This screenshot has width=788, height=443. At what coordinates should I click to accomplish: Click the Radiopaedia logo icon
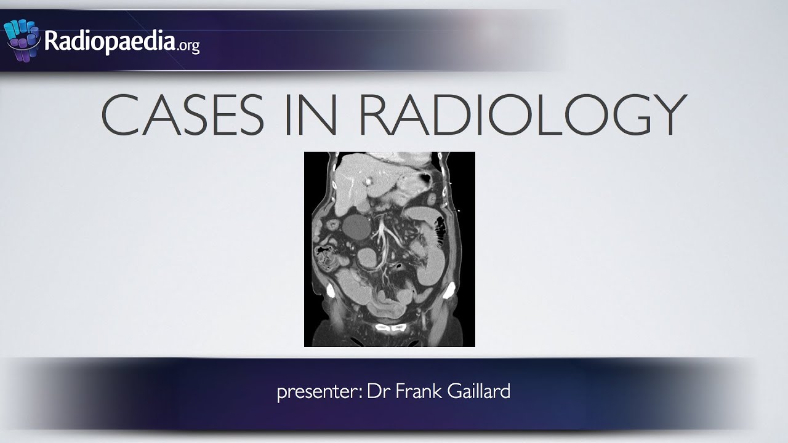pyautogui.click(x=22, y=39)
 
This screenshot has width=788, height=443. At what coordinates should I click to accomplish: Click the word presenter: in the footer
pyautogui.click(x=319, y=392)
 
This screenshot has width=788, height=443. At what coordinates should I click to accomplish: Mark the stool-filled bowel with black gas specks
pyautogui.click(x=326, y=255)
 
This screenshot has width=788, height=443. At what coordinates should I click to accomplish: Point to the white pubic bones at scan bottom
pyautogui.click(x=390, y=329)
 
